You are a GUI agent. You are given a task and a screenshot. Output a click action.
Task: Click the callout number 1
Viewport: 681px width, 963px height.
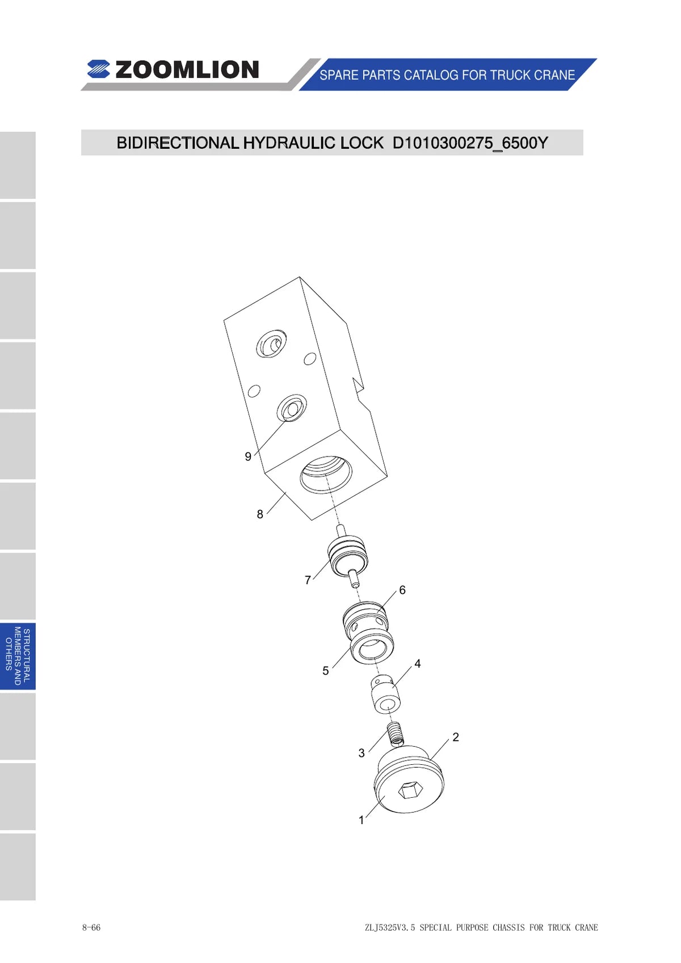coord(361,820)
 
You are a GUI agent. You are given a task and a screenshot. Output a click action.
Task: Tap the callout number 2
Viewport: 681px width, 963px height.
coord(456,737)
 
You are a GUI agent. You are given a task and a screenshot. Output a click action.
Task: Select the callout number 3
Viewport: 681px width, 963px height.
coord(361,753)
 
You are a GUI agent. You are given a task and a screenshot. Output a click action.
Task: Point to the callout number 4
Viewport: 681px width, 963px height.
coord(417,664)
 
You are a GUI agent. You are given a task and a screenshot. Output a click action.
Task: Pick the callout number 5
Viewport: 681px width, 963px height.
coord(326,671)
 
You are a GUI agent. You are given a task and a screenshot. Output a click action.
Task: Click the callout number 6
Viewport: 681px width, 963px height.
coord(402,591)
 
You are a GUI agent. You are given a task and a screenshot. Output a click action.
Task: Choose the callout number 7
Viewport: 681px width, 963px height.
coord(308,580)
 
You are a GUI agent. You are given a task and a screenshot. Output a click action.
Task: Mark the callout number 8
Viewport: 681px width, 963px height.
coord(260,514)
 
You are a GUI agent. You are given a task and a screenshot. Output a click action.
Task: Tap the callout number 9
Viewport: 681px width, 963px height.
coord(248,457)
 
